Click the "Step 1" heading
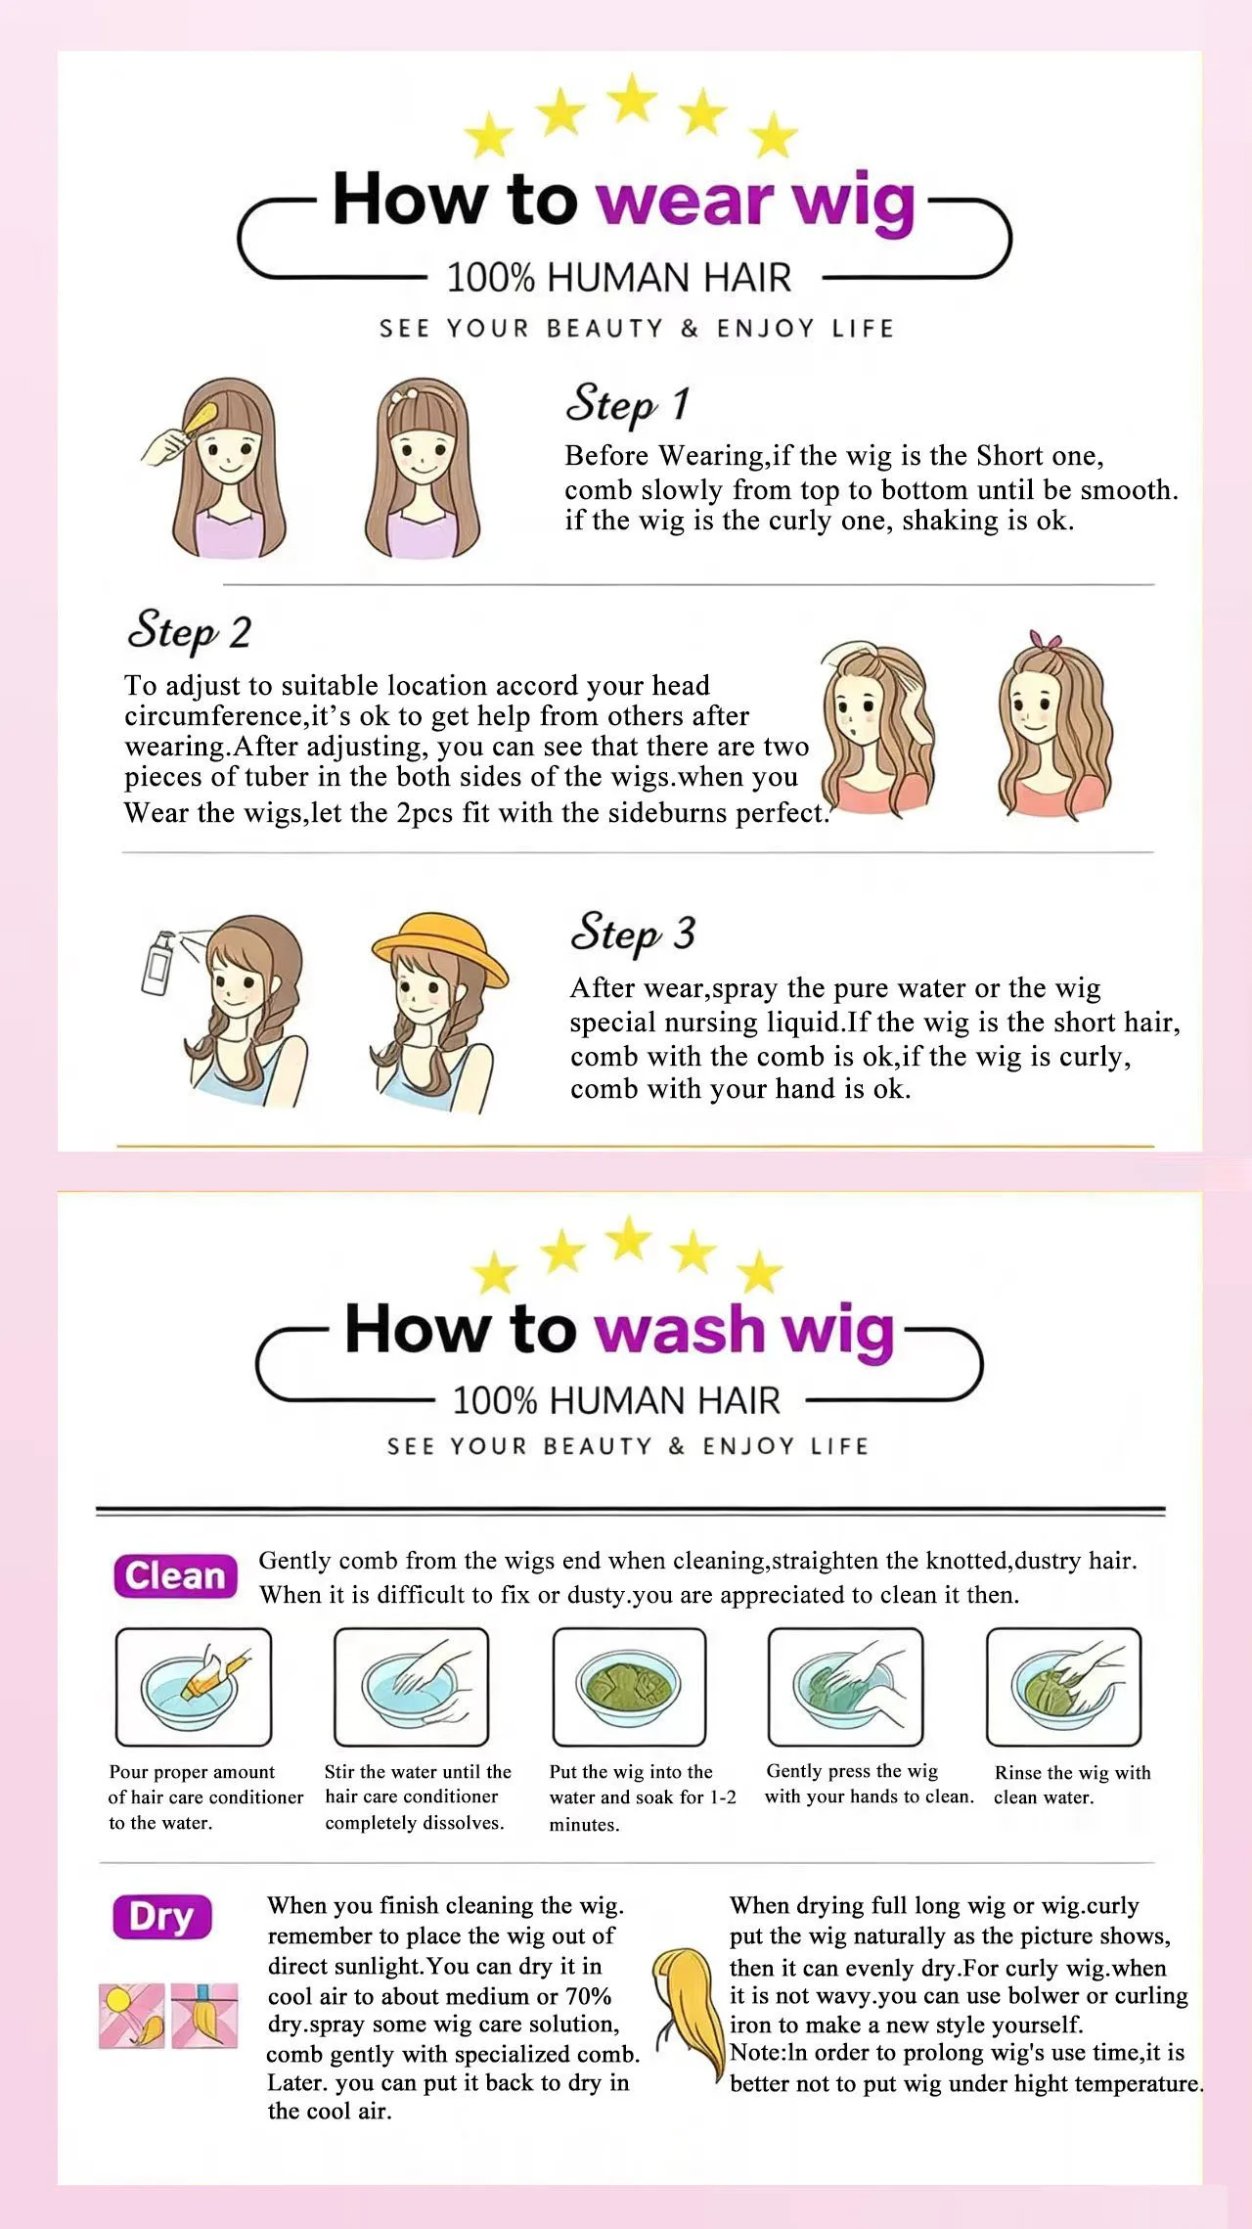pyautogui.click(x=628, y=403)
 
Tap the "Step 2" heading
pyautogui.click(x=189, y=630)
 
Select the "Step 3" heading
pyautogui.click(x=633, y=932)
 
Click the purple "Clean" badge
pyautogui.click(x=175, y=1576)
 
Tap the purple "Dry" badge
pyautogui.click(x=162, y=1917)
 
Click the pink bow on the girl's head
pyautogui.click(x=1045, y=639)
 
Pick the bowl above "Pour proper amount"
pyautogui.click(x=193, y=1688)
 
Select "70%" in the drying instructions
pyautogui.click(x=588, y=1996)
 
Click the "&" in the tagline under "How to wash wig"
pyautogui.click(x=677, y=1446)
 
